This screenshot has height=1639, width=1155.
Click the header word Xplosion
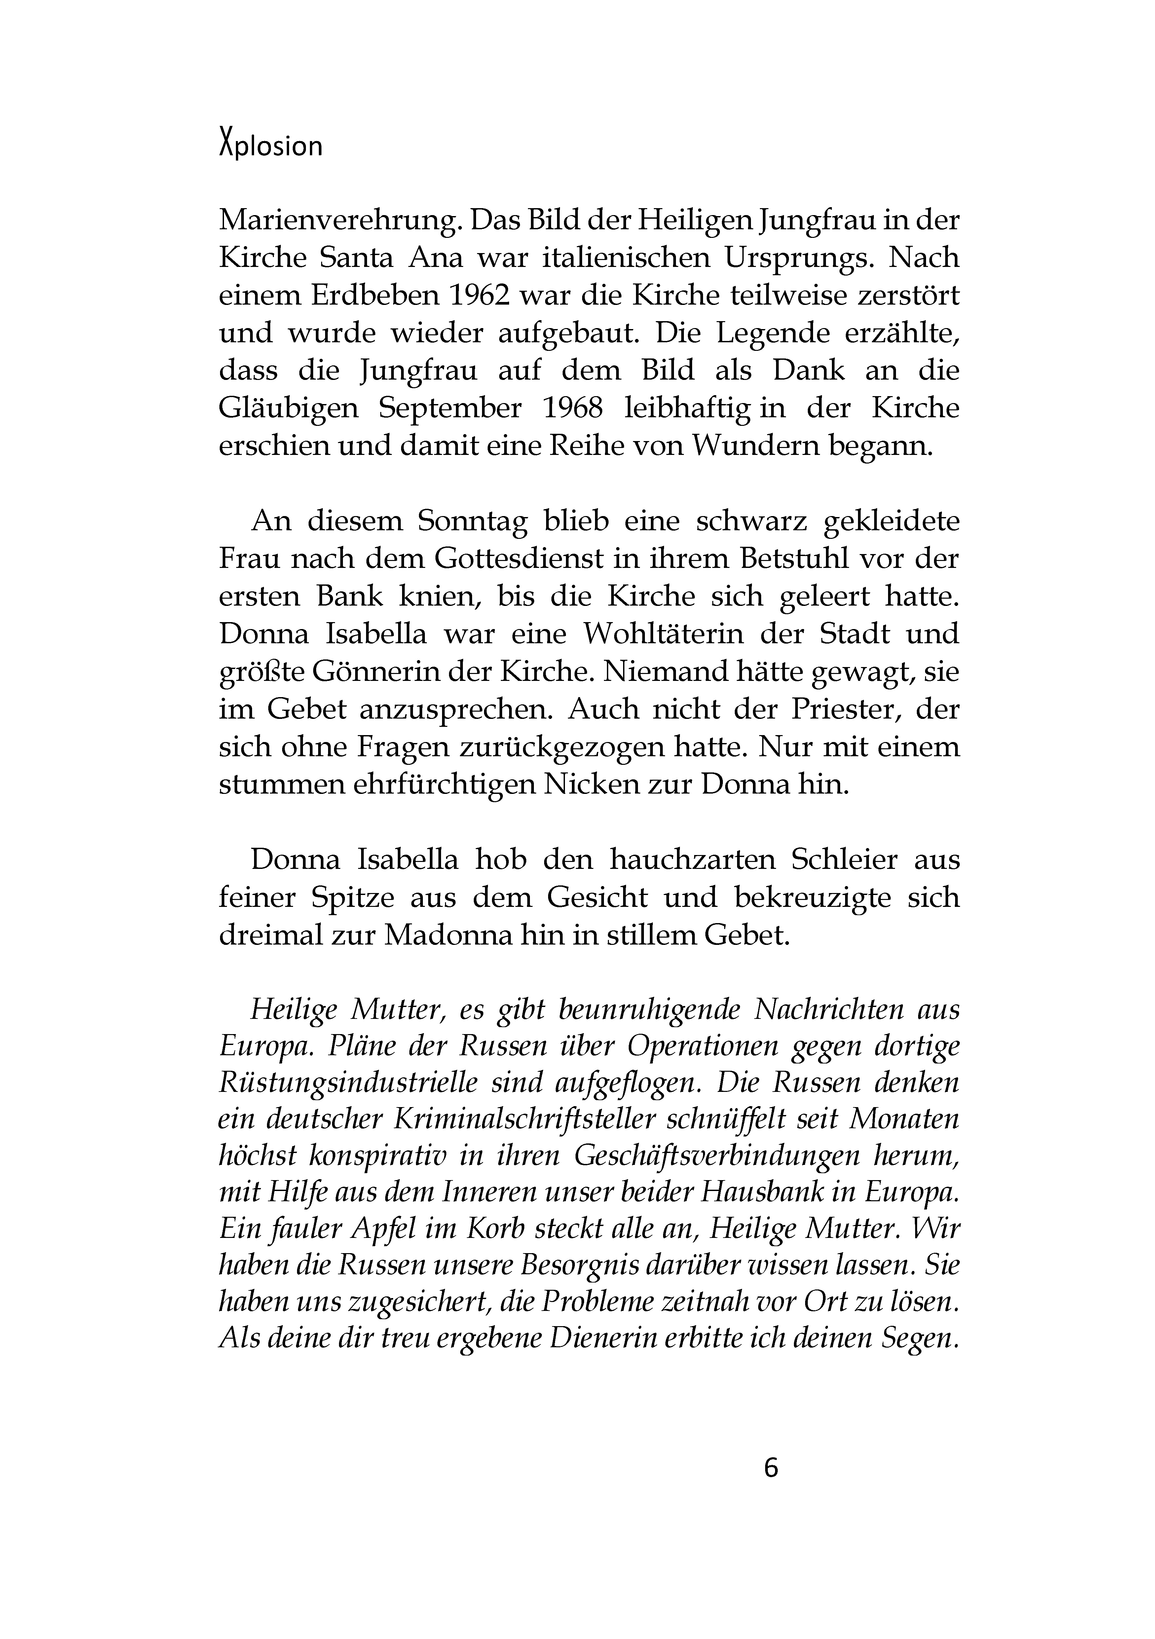tap(271, 146)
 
